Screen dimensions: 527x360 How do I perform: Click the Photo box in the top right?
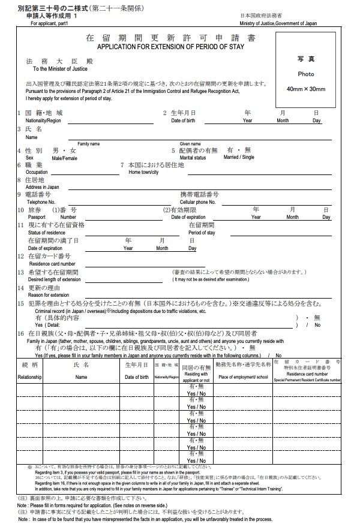tap(305, 70)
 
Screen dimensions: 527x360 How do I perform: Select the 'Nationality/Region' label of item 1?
tap(39, 121)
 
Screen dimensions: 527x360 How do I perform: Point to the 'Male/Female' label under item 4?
tap(64, 158)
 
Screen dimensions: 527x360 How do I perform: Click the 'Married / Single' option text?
tap(238, 158)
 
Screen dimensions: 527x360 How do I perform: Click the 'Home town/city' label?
tap(143, 172)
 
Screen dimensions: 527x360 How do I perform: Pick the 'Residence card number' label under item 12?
tap(52, 264)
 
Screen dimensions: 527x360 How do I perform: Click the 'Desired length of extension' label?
tap(54, 279)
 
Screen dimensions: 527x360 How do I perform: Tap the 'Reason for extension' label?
tap(49, 295)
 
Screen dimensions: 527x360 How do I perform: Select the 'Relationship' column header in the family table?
tap(29, 377)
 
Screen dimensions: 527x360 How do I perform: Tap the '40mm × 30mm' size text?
tap(305, 89)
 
